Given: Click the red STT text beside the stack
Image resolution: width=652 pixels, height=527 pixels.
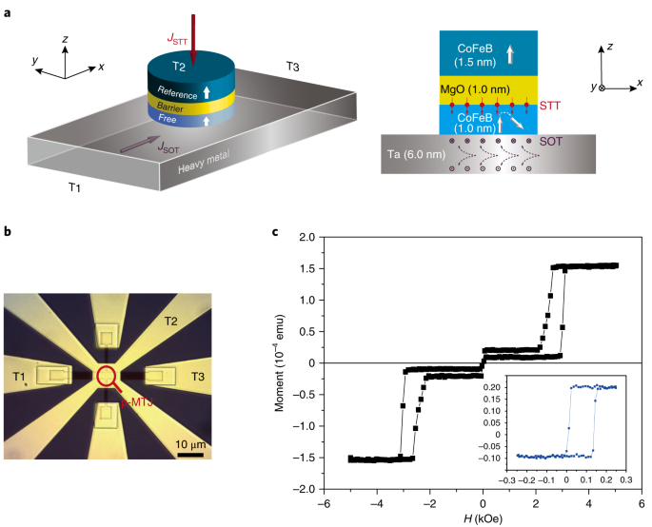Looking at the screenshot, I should click(550, 103).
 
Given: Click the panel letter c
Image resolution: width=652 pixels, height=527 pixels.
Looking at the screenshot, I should click(274, 228).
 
